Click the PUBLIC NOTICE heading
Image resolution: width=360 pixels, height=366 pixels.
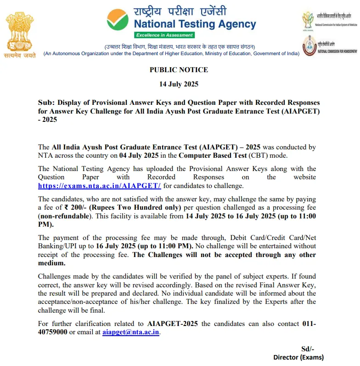[179, 70]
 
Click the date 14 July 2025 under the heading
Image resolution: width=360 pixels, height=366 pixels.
[179, 85]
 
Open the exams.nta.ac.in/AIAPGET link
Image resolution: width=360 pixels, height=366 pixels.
[100, 185]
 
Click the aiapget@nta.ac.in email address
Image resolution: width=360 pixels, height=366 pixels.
[131, 332]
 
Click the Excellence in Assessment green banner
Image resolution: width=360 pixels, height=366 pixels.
[164, 35]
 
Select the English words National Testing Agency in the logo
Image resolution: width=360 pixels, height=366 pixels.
[195, 23]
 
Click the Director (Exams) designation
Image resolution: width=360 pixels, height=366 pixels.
[298, 357]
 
